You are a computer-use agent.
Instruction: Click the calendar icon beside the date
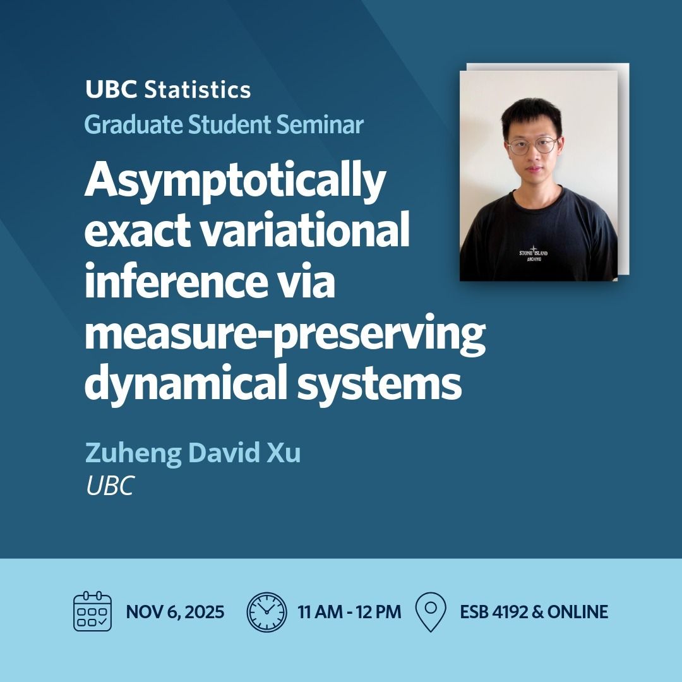[92, 611]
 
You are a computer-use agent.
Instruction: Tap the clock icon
[266, 611]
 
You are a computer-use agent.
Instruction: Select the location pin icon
[430, 611]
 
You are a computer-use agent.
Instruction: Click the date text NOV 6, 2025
[175, 612]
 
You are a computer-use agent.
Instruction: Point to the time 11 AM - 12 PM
[349, 612]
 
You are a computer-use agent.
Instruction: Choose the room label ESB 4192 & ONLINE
[534, 612]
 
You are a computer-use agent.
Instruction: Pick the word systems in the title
[380, 385]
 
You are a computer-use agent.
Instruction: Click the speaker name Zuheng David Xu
[193, 453]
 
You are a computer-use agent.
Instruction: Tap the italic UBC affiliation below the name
[110, 486]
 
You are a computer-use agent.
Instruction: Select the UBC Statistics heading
[168, 90]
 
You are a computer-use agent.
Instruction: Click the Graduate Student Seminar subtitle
[224, 124]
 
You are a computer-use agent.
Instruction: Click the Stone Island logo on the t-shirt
[533, 253]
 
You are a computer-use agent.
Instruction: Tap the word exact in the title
[138, 230]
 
